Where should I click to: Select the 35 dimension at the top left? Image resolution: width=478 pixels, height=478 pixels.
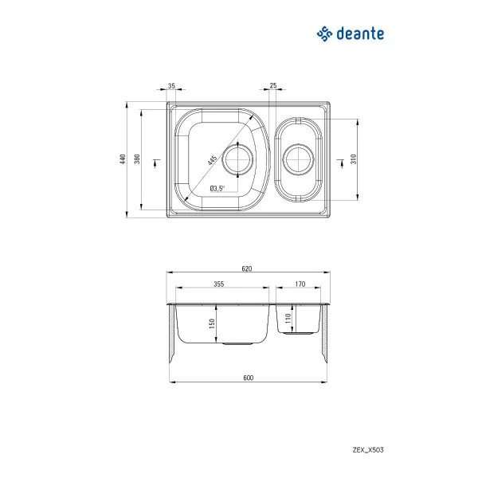tap(172, 85)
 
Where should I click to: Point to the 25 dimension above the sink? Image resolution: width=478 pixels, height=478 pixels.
tap(273, 85)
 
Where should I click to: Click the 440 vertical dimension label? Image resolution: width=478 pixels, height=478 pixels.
tap(123, 159)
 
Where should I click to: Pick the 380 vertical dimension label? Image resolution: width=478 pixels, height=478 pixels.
tap(138, 160)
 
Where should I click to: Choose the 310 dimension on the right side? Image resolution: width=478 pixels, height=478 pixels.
tap(354, 159)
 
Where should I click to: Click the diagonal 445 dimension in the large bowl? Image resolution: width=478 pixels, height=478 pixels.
tap(212, 159)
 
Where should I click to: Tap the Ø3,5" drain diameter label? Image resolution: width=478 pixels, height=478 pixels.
tap(217, 189)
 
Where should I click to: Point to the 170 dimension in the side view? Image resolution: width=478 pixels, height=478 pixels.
tap(300, 284)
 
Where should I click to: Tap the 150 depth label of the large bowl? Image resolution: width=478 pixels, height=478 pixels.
tap(213, 324)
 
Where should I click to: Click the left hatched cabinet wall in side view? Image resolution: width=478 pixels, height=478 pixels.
tap(171, 335)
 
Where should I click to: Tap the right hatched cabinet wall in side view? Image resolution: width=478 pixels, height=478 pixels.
tap(324, 335)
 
